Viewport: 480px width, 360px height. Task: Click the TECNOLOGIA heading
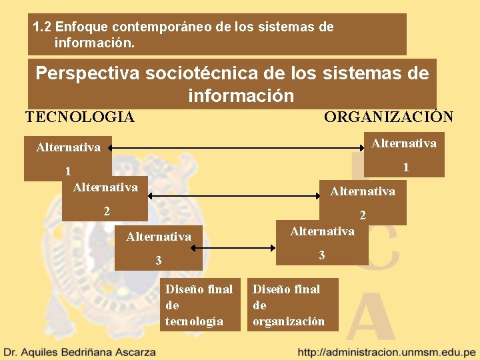80,117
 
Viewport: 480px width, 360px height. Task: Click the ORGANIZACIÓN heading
389,117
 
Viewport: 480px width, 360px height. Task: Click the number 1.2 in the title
42,27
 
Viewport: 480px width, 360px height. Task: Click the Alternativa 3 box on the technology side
158,247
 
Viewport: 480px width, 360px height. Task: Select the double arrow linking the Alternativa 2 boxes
233,196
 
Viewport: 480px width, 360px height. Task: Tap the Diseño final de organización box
293,305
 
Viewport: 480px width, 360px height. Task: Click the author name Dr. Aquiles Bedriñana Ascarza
80,351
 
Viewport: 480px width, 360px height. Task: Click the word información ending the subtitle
241,96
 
